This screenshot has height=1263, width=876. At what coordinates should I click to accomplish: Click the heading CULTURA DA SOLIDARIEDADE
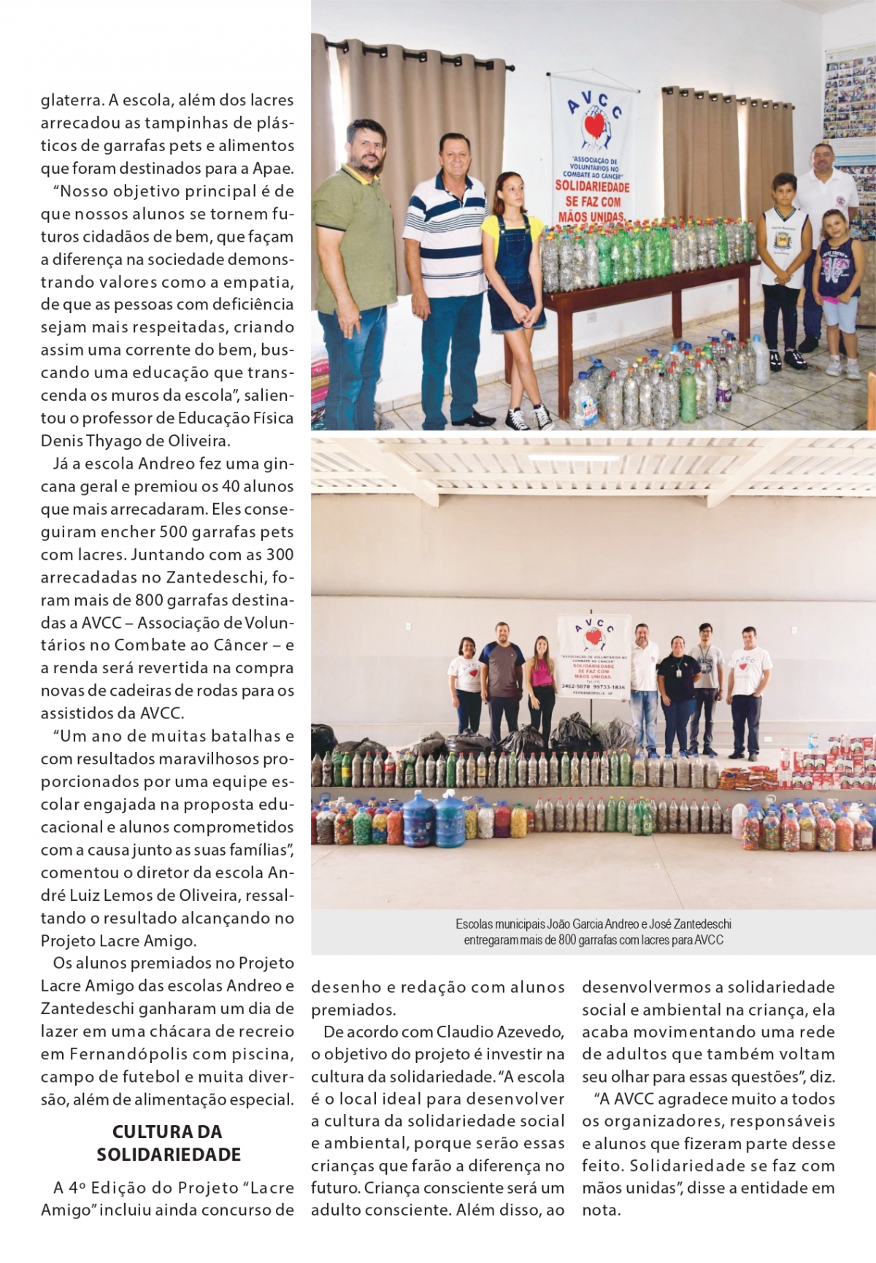coord(167,1143)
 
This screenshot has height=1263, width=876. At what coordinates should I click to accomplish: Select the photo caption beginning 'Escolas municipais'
coord(593,932)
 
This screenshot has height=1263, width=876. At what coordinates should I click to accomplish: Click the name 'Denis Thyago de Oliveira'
coord(135,441)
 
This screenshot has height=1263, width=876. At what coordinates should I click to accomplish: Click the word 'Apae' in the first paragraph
coord(272,169)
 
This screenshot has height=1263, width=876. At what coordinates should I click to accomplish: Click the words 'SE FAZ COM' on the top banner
coord(591,201)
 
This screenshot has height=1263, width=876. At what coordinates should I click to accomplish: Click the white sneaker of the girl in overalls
coord(542,418)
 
